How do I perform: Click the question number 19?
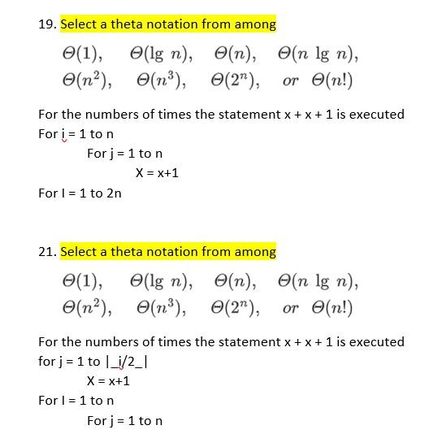(x=46, y=24)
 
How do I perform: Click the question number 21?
(x=46, y=252)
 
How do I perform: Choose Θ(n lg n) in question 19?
(x=318, y=55)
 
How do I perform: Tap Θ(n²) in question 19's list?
(x=87, y=81)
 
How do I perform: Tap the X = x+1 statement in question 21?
(x=108, y=380)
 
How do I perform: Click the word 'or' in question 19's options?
(x=290, y=81)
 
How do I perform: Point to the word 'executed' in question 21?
(x=378, y=341)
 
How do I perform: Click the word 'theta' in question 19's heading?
(x=125, y=24)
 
